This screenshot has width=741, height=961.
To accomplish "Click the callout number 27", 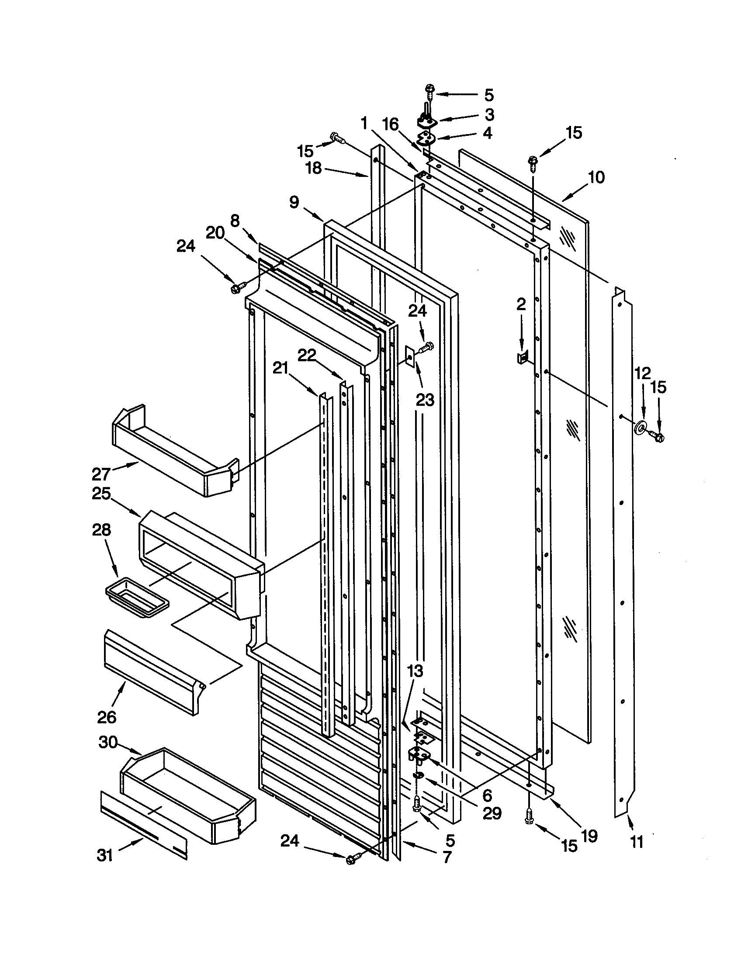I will (101, 474).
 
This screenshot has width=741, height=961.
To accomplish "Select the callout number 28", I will (102, 530).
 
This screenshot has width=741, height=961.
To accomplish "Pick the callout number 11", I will (637, 842).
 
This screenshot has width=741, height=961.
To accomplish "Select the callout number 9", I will (294, 202).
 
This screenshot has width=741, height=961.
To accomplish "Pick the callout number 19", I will (590, 836).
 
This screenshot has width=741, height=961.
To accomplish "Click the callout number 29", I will (492, 814).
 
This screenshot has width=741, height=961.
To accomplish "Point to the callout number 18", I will (314, 169).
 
